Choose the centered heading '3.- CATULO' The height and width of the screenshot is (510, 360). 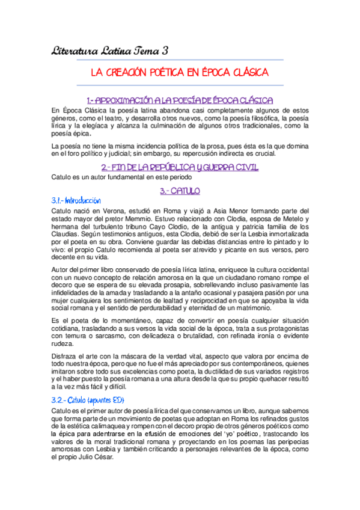(180, 191)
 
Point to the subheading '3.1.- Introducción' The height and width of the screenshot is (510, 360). (76, 201)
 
